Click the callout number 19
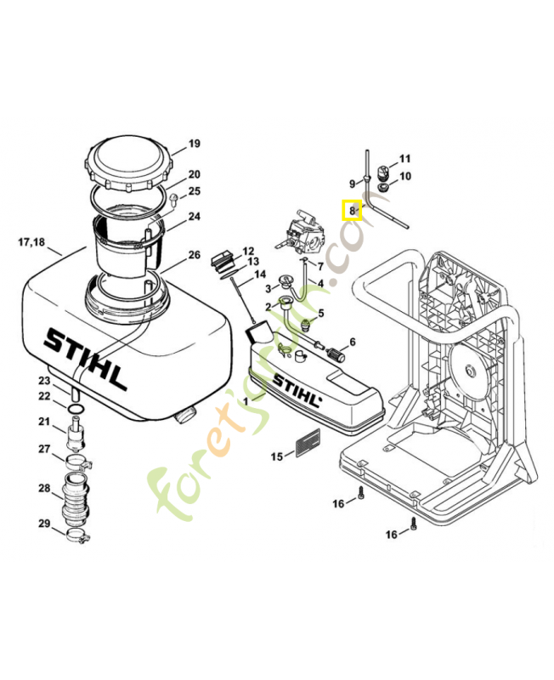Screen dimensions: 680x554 (194, 144)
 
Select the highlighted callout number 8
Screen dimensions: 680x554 (352, 210)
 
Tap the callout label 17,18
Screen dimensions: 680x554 (31, 242)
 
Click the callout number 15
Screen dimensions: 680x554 (277, 457)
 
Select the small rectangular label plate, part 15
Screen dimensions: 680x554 (306, 442)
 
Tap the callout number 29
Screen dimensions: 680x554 (44, 523)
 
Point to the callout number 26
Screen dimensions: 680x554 (194, 255)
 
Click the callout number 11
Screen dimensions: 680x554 (404, 159)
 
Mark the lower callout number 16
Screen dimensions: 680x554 (392, 534)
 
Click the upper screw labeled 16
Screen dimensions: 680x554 (361, 496)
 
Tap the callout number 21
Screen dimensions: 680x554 (44, 422)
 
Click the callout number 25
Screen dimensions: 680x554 (195, 191)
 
